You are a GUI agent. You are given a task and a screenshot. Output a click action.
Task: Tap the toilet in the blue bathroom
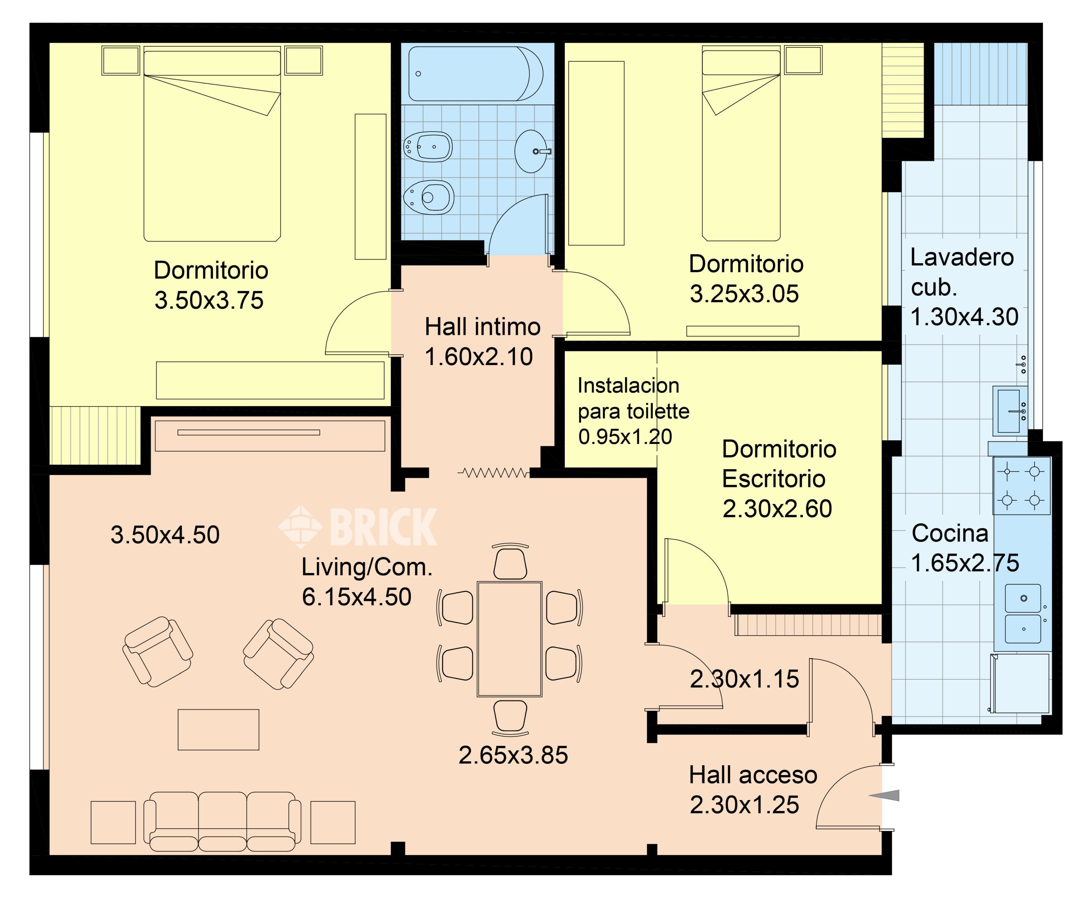click(429, 197)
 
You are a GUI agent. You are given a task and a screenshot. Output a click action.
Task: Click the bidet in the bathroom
click(427, 147)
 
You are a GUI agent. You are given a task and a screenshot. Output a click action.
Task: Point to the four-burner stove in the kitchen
click(1021, 486)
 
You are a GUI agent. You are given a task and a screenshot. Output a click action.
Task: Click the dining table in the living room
click(509, 639)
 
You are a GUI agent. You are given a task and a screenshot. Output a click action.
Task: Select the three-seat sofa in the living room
click(222, 822)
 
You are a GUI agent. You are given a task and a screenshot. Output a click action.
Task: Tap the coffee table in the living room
click(218, 730)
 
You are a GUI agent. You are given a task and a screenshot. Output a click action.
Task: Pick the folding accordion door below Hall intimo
click(494, 472)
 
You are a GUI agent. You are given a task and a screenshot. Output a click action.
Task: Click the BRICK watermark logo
click(358, 527)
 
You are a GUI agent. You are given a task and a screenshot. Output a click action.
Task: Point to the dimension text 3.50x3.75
click(209, 300)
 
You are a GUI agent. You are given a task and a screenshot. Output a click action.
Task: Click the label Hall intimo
click(483, 327)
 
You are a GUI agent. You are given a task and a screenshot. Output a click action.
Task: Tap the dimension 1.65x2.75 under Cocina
click(965, 563)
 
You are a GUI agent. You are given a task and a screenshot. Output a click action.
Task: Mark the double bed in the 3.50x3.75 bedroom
click(212, 144)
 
